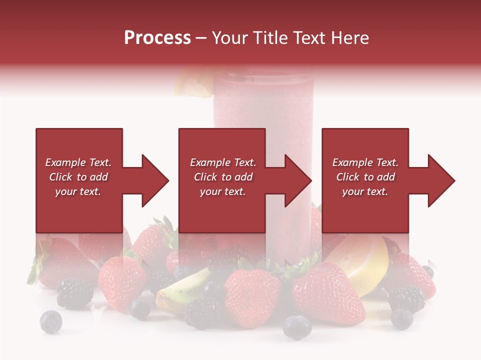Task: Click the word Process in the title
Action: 157,38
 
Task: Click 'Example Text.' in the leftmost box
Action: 78,162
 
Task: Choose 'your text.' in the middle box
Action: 222,191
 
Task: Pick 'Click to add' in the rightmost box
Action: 365,177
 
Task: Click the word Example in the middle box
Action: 209,162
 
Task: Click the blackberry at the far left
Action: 74,293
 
